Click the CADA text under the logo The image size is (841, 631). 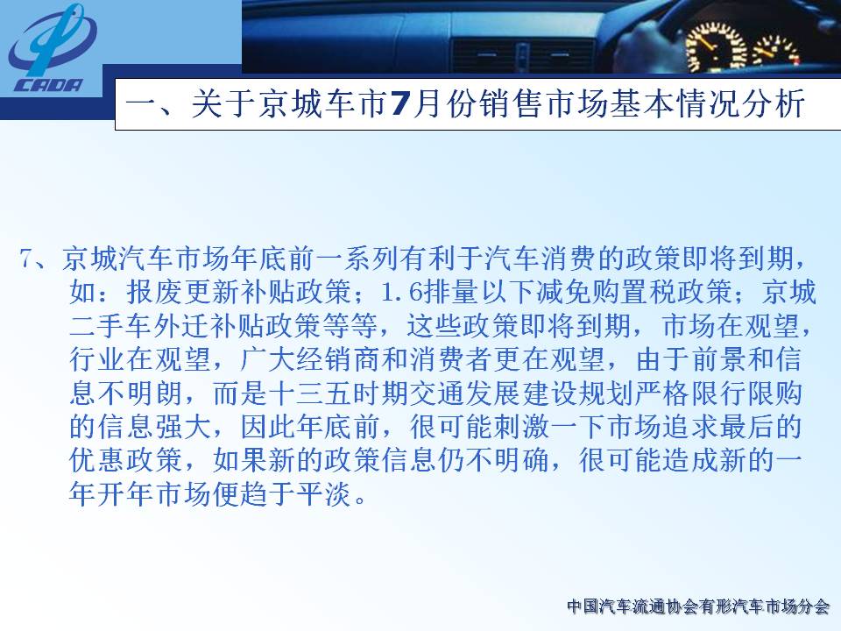pyautogui.click(x=48, y=85)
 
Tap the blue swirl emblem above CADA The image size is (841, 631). pyautogui.click(x=52, y=41)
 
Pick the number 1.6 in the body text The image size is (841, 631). pyautogui.click(x=400, y=293)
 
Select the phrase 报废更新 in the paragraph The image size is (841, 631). pyautogui.click(x=182, y=293)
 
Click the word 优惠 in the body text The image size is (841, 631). pyautogui.click(x=97, y=460)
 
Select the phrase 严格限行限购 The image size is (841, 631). pyautogui.click(x=717, y=393)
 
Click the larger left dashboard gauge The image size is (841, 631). pyautogui.click(x=712, y=47)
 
